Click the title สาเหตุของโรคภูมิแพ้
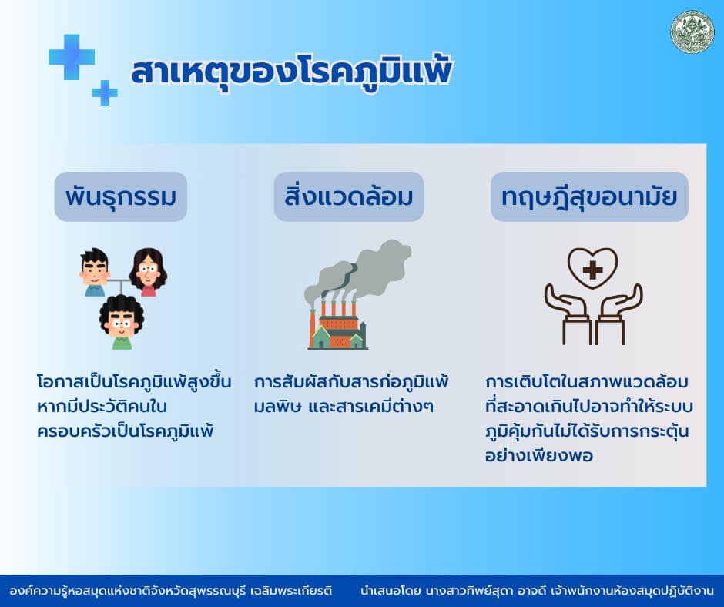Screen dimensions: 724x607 (291, 72)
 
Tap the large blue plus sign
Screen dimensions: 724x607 (72, 57)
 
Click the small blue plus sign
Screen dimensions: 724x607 (105, 92)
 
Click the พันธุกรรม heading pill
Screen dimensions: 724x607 (120, 196)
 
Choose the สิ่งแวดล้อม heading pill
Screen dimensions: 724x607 (349, 196)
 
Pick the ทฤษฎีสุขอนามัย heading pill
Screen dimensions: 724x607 (589, 196)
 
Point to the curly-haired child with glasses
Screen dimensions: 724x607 (122, 322)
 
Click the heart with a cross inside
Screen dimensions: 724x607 (592, 268)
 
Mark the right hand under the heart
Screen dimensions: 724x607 (618, 314)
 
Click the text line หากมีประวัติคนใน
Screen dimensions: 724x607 (102, 407)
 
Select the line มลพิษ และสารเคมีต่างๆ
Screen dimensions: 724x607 (344, 407)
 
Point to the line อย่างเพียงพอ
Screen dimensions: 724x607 (539, 456)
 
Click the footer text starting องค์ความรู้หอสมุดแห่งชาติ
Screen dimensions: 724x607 (170, 591)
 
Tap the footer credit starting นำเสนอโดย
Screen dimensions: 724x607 (537, 591)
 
